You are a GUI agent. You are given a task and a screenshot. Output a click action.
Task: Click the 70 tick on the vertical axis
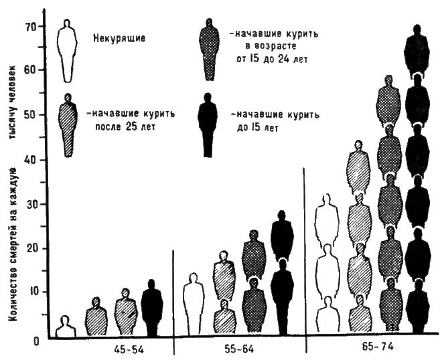pos(31,27)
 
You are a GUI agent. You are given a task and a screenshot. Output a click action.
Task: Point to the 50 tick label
pos(31,114)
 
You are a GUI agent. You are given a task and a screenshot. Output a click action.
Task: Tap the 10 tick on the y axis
pos(31,292)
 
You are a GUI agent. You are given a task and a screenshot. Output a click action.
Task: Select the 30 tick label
pos(31,203)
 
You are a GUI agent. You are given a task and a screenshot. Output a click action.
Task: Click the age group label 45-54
pos(127,349)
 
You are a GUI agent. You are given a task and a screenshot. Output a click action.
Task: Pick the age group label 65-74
pos(372,349)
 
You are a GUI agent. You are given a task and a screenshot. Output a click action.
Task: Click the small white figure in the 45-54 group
pos(66,327)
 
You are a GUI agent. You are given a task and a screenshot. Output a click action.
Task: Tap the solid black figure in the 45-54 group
pos(153,309)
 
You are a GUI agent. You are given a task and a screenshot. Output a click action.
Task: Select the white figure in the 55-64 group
pos(194,305)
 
